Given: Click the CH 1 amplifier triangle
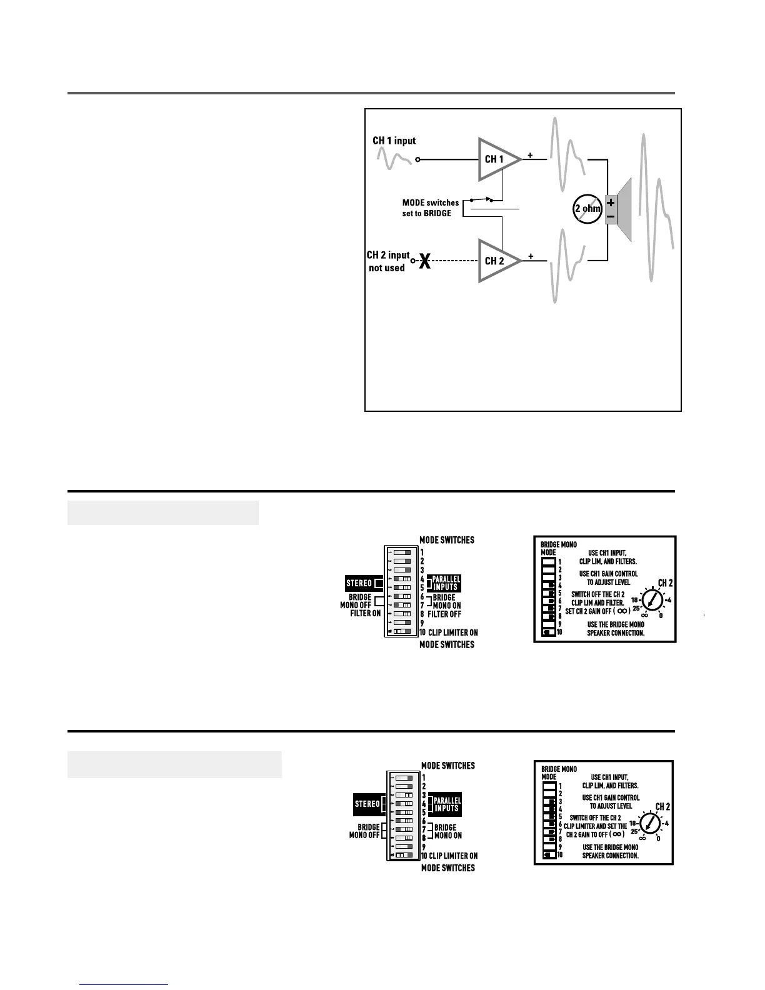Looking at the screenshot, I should pyautogui.click(x=497, y=159).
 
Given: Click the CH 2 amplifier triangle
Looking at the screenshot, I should pyautogui.click(x=497, y=261).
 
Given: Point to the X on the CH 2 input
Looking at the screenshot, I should pyautogui.click(x=425, y=261).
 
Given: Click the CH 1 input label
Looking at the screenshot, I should pyautogui.click(x=394, y=141).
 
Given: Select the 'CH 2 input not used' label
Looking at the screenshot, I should pyautogui.click(x=387, y=261).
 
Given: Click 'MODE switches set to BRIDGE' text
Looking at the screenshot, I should pyautogui.click(x=430, y=208).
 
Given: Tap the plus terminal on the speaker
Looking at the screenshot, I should pyautogui.click(x=611, y=202).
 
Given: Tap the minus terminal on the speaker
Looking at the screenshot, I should pyautogui.click(x=611, y=217).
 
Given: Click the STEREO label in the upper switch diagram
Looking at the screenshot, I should pyautogui.click(x=359, y=584).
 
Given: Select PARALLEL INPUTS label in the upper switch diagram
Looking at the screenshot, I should pyautogui.click(x=446, y=583).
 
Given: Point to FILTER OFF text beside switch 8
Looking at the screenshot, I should pyautogui.click(x=444, y=614).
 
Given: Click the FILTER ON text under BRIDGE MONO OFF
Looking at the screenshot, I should pyautogui.click(x=366, y=613).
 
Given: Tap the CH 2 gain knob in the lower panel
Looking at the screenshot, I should pyautogui.click(x=651, y=822).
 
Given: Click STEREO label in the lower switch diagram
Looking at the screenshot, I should pyautogui.click(x=367, y=804).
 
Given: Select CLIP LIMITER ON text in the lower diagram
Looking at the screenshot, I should pyautogui.click(x=453, y=856).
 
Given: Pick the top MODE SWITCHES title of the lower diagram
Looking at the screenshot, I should pyautogui.click(x=448, y=766).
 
